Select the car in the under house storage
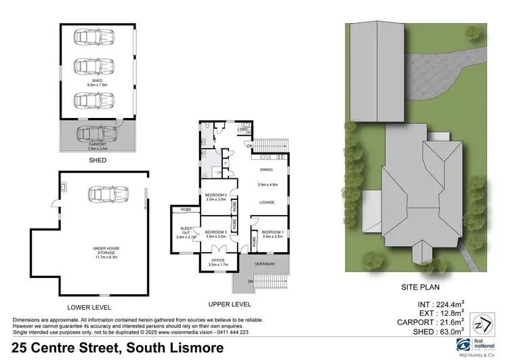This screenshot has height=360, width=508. pos(102,196)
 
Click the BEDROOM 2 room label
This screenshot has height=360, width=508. pos(217,197)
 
